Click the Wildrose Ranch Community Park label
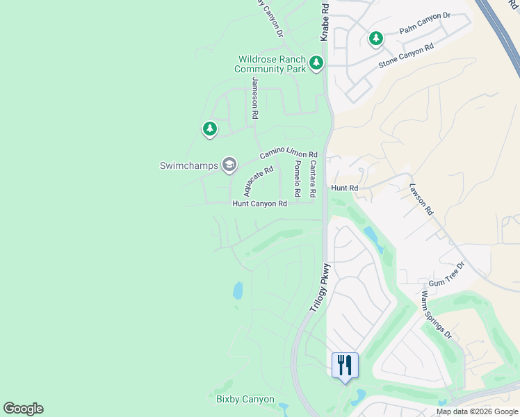270,64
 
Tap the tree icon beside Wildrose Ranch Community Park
316,64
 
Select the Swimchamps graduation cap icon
229,165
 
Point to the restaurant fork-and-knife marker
345,365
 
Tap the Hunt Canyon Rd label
259,204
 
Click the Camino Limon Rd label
289,154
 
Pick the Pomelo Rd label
297,177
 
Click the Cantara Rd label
313,178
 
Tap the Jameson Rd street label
255,97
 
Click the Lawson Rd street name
421,199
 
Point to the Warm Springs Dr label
437,314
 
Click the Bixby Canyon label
245,400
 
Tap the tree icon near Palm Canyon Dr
376,38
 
